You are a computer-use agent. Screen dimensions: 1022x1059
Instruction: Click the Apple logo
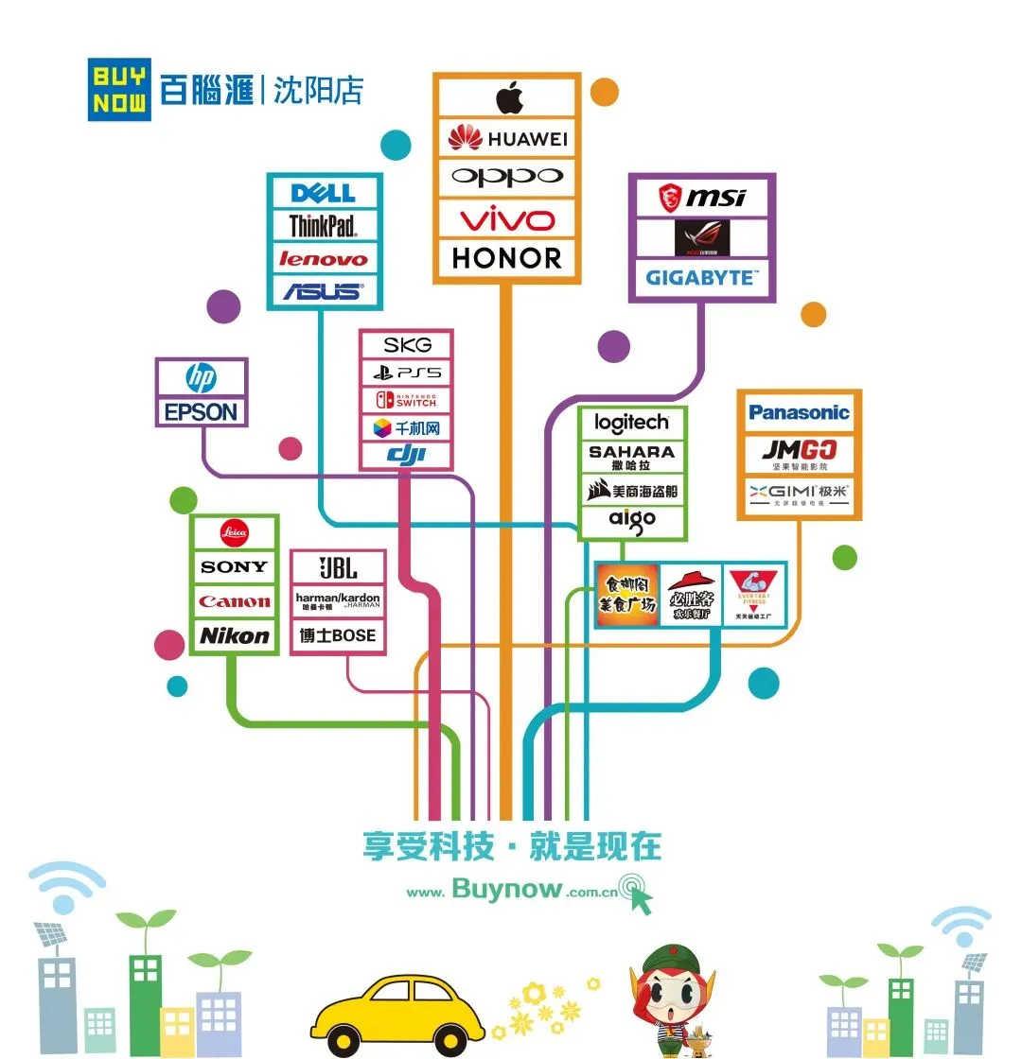point(508,97)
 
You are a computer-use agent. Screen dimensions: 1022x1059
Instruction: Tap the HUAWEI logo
point(507,139)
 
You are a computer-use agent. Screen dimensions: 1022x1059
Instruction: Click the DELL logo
point(324,194)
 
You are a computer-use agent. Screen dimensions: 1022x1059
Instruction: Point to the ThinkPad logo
point(323,226)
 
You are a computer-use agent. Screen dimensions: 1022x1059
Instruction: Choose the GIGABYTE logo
point(701,278)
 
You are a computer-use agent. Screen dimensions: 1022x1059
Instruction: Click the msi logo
point(701,198)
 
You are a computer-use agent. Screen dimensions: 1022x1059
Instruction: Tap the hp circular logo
point(201,379)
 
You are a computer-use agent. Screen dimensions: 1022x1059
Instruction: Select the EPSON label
point(201,412)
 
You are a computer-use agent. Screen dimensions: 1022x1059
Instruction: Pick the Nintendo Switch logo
point(406,400)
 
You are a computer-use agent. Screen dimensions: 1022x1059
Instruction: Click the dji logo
point(406,456)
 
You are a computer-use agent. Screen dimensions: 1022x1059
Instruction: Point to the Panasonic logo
point(799,412)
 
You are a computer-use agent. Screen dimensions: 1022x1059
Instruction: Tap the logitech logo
point(631,423)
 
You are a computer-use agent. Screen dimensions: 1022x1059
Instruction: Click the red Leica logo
point(234,532)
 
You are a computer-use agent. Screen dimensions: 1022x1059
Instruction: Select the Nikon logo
point(234,636)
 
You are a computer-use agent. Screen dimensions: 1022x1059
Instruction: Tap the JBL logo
point(338,568)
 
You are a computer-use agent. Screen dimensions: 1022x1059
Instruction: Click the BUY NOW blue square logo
point(119,90)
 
